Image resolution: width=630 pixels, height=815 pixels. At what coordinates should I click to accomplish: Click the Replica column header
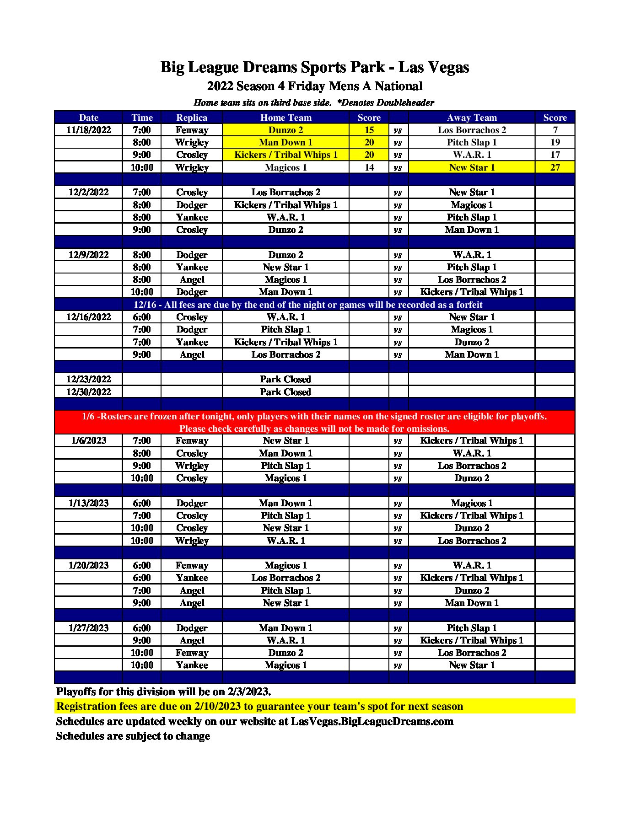192,118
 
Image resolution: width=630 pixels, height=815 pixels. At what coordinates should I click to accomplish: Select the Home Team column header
285,118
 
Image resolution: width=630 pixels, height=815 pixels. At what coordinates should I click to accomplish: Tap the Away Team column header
471,118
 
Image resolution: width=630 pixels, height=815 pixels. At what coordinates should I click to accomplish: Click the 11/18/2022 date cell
88,130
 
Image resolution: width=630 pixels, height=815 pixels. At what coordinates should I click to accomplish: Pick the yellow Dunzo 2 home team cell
285,130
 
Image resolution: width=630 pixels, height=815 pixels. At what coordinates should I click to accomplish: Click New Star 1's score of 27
555,167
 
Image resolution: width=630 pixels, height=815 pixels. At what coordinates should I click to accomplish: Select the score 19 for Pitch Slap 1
555,142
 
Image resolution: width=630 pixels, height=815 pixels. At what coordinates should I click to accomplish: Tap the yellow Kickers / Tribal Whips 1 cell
285,155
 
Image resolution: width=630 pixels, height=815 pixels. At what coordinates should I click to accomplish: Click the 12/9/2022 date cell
88,255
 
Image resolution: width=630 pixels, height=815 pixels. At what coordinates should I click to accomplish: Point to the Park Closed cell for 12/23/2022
285,379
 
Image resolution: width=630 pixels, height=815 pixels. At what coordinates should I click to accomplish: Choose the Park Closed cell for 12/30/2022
285,392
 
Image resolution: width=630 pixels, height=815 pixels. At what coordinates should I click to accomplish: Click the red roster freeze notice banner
314,422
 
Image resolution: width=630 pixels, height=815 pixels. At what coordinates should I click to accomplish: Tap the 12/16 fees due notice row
308,305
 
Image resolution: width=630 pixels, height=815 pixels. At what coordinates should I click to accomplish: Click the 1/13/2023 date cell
88,503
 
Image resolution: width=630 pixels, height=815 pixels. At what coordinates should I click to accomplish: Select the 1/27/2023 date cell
88,628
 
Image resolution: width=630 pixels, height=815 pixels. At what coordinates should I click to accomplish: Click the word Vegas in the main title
447,67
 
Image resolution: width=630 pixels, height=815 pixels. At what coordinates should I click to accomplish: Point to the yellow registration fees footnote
259,706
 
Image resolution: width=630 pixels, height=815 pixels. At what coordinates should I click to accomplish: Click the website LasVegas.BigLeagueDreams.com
372,721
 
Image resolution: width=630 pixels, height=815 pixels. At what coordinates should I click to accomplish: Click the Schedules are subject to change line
133,736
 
